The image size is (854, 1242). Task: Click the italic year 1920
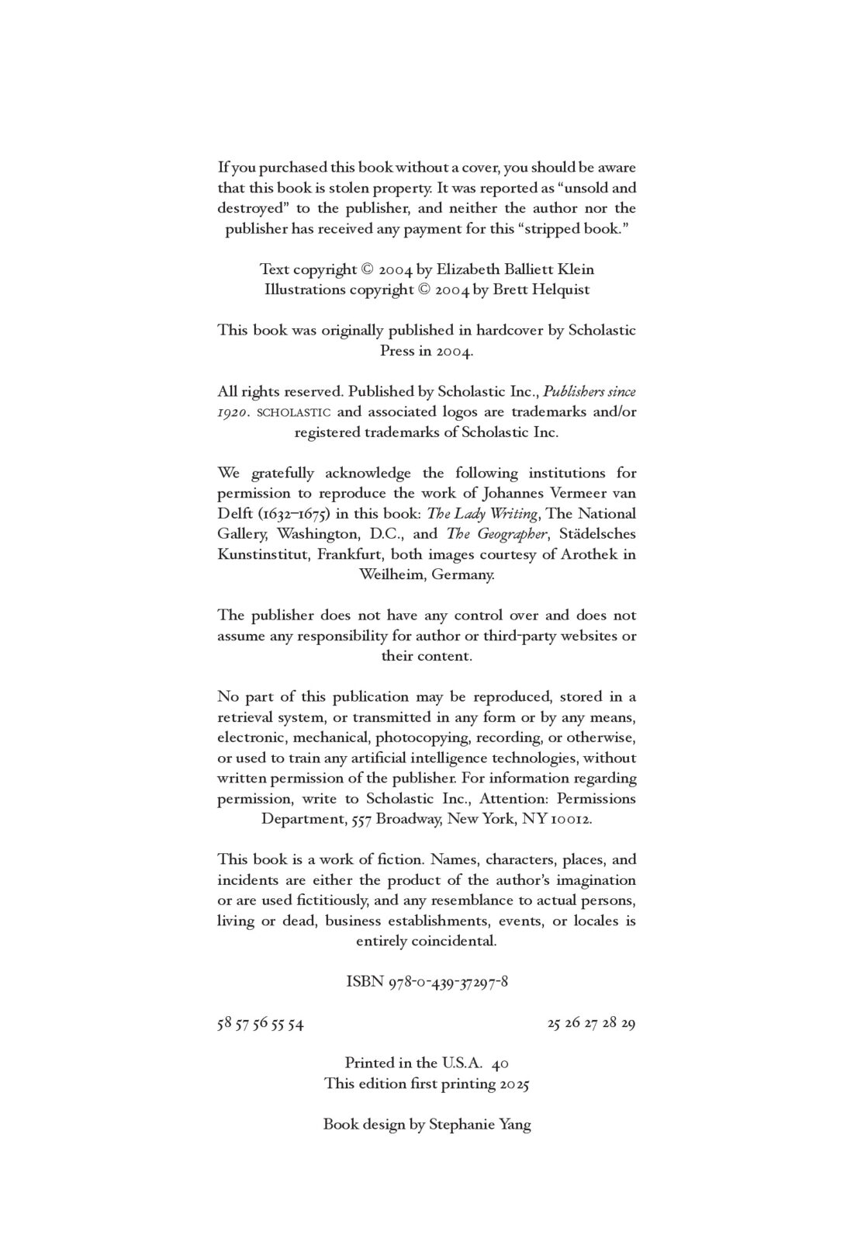[233, 412]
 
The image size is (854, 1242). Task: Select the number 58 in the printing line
[224, 1023]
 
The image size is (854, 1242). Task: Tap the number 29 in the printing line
[628, 1023]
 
